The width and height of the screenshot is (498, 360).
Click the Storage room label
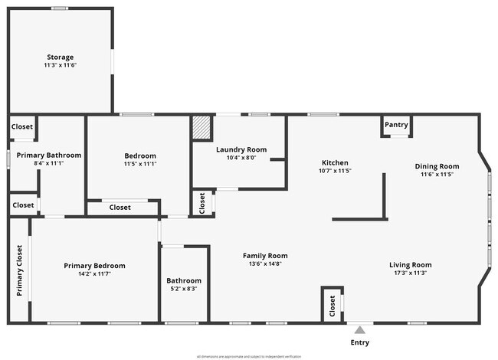60,57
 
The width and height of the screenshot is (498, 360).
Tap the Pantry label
396,125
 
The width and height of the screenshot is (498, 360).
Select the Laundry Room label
241,149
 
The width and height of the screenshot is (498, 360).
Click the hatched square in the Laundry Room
201,128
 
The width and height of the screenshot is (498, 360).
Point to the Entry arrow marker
359,328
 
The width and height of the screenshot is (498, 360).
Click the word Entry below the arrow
359,342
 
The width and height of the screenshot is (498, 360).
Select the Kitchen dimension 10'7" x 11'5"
335,171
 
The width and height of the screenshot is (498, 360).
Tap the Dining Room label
437,166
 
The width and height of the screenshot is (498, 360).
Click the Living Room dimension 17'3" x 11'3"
410,273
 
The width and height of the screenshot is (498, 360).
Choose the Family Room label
265,256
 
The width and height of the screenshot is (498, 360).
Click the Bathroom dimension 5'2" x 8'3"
184,289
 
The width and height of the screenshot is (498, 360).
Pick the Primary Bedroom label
94,266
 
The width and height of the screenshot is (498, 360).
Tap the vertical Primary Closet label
19,270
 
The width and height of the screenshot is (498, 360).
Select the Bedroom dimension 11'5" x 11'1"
140,164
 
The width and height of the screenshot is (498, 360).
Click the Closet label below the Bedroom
120,208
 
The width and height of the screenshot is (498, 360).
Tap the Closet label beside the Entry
332,305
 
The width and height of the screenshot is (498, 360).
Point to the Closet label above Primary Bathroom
22,127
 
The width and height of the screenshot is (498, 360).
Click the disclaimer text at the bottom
249,356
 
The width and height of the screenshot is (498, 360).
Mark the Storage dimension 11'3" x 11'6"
60,66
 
